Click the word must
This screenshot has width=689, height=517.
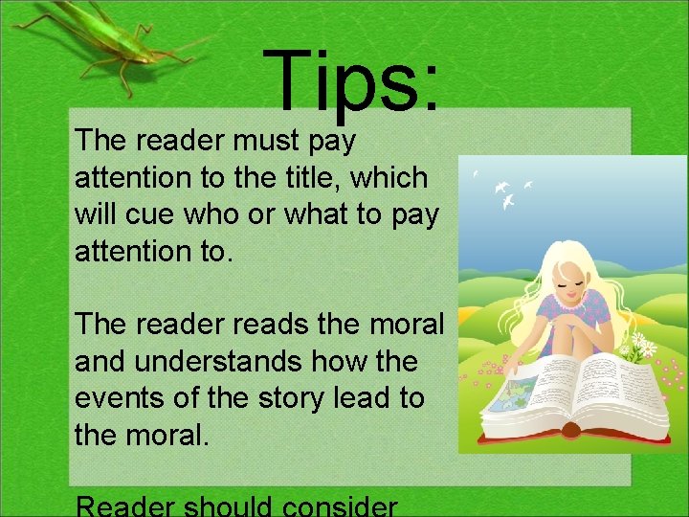pyautogui.click(x=259, y=142)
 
